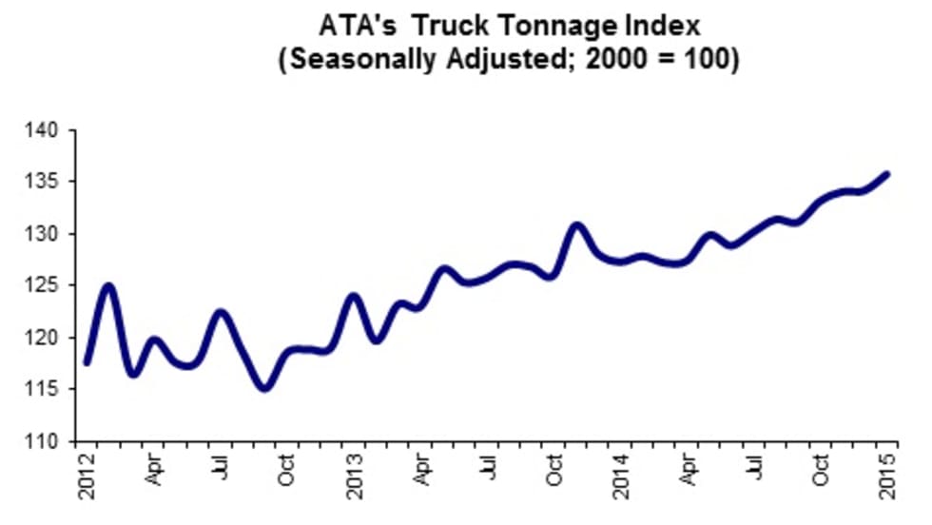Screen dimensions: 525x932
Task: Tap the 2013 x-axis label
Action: tap(355, 478)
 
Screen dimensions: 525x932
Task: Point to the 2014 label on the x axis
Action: tap(622, 478)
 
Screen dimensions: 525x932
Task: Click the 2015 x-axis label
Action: tap(889, 478)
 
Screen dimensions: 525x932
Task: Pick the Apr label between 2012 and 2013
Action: tap(154, 473)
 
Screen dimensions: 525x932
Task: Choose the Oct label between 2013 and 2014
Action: tap(555, 473)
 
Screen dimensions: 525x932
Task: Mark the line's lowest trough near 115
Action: tap(264, 387)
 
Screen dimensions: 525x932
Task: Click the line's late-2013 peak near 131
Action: tap(576, 225)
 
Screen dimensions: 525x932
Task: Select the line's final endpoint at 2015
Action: tap(886, 173)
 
